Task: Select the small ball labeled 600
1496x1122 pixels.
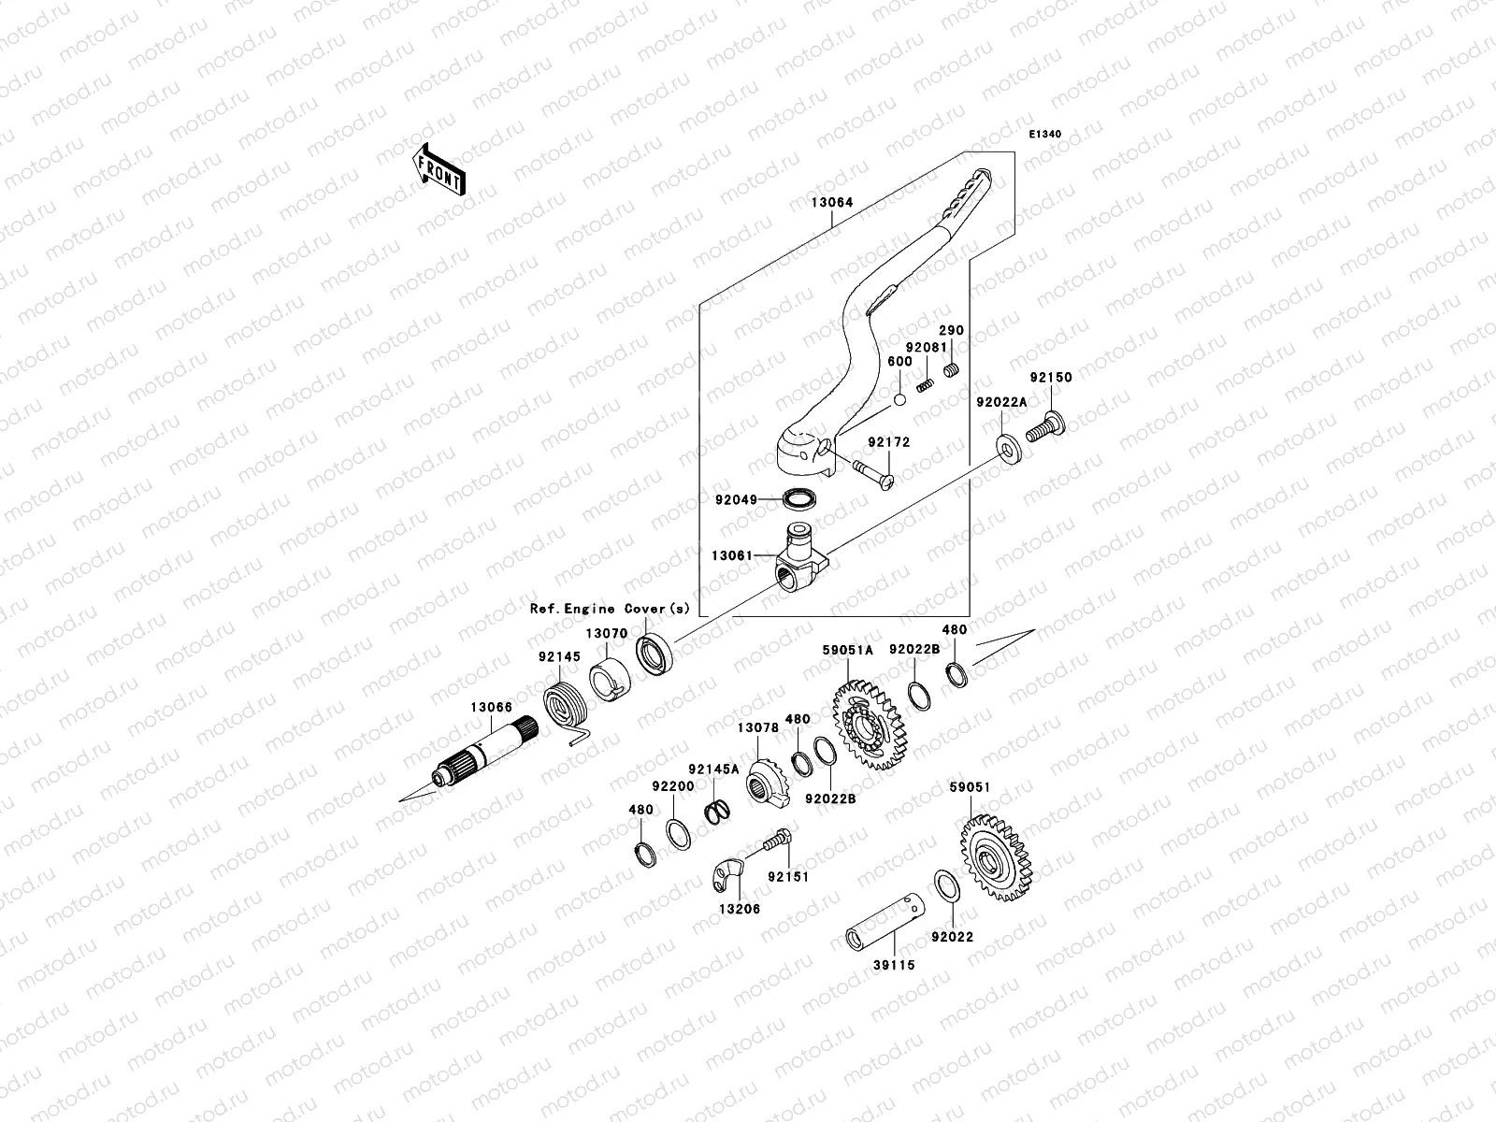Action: tap(899, 400)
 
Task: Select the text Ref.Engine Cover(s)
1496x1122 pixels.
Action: tap(611, 609)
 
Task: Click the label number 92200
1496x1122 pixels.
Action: tap(673, 787)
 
